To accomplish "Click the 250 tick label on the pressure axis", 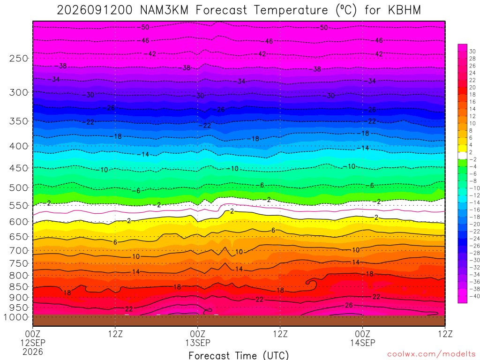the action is (19, 58).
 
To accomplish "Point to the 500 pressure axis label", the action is (19, 187).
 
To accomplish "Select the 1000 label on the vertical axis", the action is (16, 317).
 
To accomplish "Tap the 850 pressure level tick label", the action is (19, 287).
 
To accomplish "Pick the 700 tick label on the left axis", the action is (19, 251).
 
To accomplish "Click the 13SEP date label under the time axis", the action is (198, 343).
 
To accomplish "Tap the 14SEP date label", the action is (363, 343).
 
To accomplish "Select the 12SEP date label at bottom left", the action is (33, 343).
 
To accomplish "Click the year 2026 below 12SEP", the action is (33, 352).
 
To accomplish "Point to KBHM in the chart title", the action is (405, 10).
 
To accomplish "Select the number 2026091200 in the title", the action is (95, 10).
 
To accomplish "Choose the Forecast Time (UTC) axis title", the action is (239, 355).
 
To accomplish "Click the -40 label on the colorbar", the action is (474, 296).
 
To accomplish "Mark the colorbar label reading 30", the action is (472, 52).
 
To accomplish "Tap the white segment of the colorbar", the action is (463, 156).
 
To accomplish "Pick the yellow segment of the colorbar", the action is (463, 149).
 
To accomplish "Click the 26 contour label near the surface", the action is (349, 305).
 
